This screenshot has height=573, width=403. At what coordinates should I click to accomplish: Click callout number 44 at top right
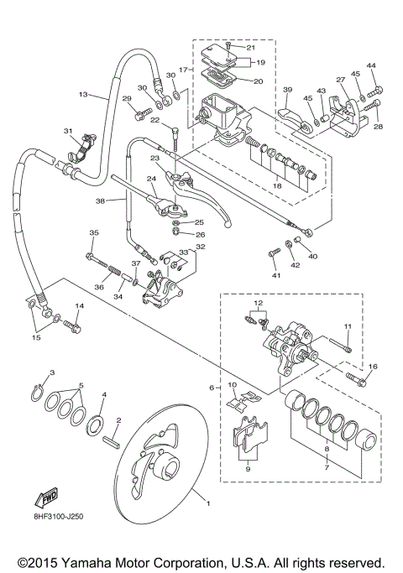coord(372,66)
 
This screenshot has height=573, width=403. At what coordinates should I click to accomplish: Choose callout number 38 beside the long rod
coord(100,201)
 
